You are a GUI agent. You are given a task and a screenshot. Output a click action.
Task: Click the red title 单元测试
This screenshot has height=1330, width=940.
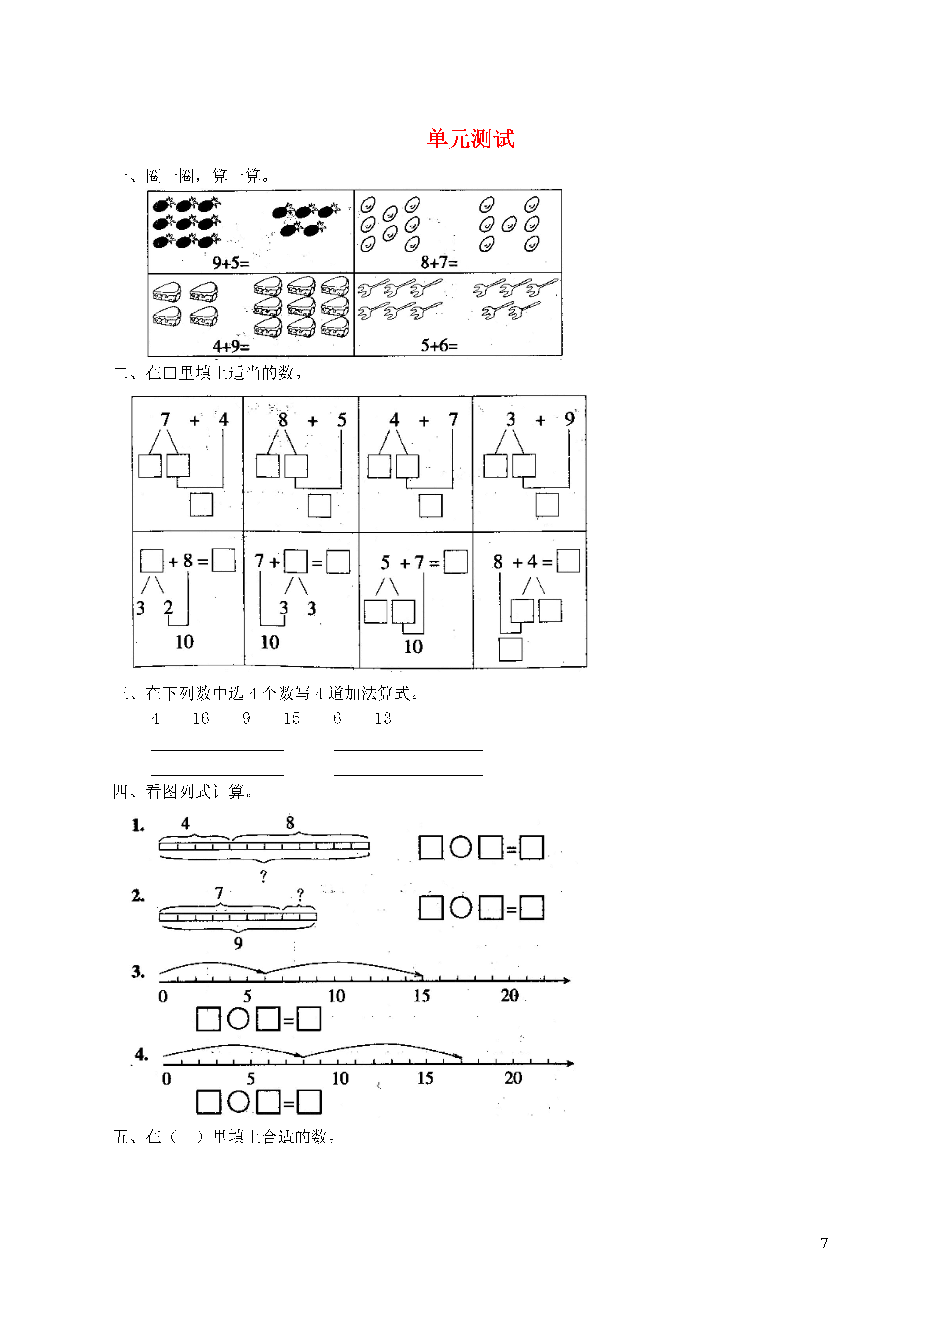[x=470, y=139]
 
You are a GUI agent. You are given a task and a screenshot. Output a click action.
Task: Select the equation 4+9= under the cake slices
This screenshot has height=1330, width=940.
[x=231, y=346]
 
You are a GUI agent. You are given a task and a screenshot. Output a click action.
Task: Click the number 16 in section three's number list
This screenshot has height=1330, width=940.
[x=200, y=718]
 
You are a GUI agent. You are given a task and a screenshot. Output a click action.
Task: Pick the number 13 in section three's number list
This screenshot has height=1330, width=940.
[x=383, y=718]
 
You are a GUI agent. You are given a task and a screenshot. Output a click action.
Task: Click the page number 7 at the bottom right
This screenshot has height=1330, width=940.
[x=824, y=1243]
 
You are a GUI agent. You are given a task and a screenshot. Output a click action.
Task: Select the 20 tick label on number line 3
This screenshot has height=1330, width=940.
[x=510, y=995]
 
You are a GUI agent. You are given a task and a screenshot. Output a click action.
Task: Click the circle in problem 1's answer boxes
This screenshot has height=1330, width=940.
[x=461, y=847]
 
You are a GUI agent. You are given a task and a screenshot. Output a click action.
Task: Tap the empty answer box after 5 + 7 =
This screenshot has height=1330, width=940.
[x=456, y=562]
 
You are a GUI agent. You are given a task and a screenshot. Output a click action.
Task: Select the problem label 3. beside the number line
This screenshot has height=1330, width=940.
[x=138, y=972]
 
